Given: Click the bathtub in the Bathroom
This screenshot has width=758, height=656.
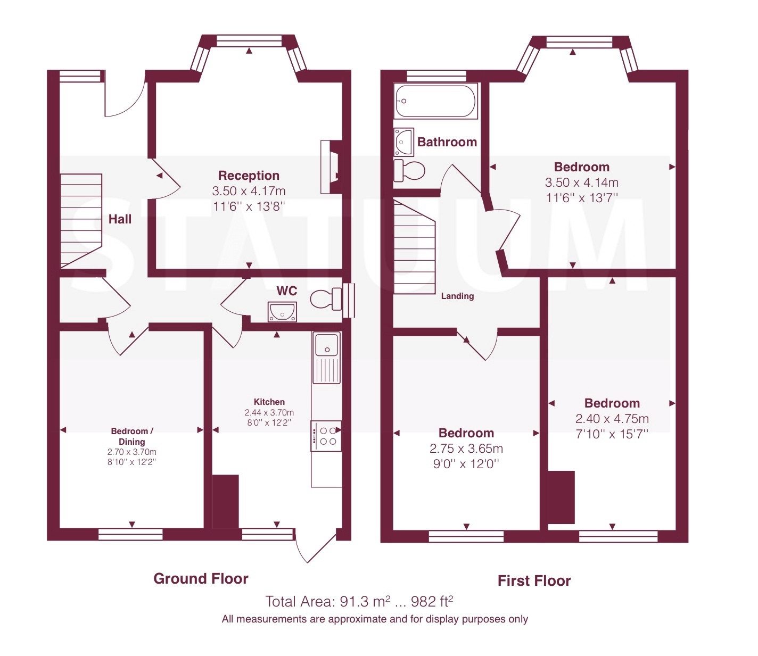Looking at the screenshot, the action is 435,101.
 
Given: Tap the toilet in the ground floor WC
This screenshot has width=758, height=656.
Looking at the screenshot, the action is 326,298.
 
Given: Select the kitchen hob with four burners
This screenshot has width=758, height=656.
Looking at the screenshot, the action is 326,436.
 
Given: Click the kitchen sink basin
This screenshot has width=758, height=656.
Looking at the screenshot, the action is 326,344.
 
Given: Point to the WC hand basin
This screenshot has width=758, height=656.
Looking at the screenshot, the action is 282,312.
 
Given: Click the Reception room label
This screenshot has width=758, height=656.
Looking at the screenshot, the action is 249,176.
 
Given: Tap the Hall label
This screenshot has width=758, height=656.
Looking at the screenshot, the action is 120,219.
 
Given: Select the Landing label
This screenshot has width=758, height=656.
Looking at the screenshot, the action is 457,296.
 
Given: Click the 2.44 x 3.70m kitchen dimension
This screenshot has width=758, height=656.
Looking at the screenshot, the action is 269,412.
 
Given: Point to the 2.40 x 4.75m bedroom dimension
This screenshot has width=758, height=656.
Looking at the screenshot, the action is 612,419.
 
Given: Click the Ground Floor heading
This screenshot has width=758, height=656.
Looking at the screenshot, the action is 201,578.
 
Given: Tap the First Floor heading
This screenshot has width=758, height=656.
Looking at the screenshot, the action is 534,581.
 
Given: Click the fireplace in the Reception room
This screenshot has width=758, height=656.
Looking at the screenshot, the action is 331,167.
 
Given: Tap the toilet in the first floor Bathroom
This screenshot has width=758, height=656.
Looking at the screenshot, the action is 409,170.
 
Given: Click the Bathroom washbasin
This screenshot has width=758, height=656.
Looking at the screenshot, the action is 403,142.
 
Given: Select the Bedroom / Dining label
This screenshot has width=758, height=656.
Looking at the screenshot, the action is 132,436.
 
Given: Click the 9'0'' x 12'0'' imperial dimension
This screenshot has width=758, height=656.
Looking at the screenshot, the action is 466,464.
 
